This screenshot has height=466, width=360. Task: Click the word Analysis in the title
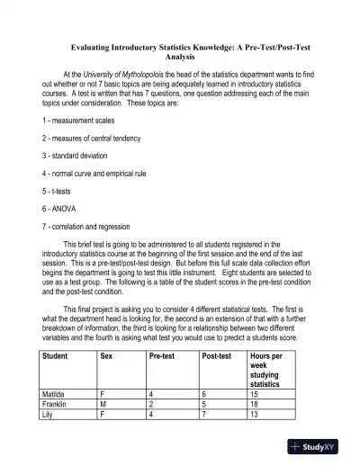(180, 56)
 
